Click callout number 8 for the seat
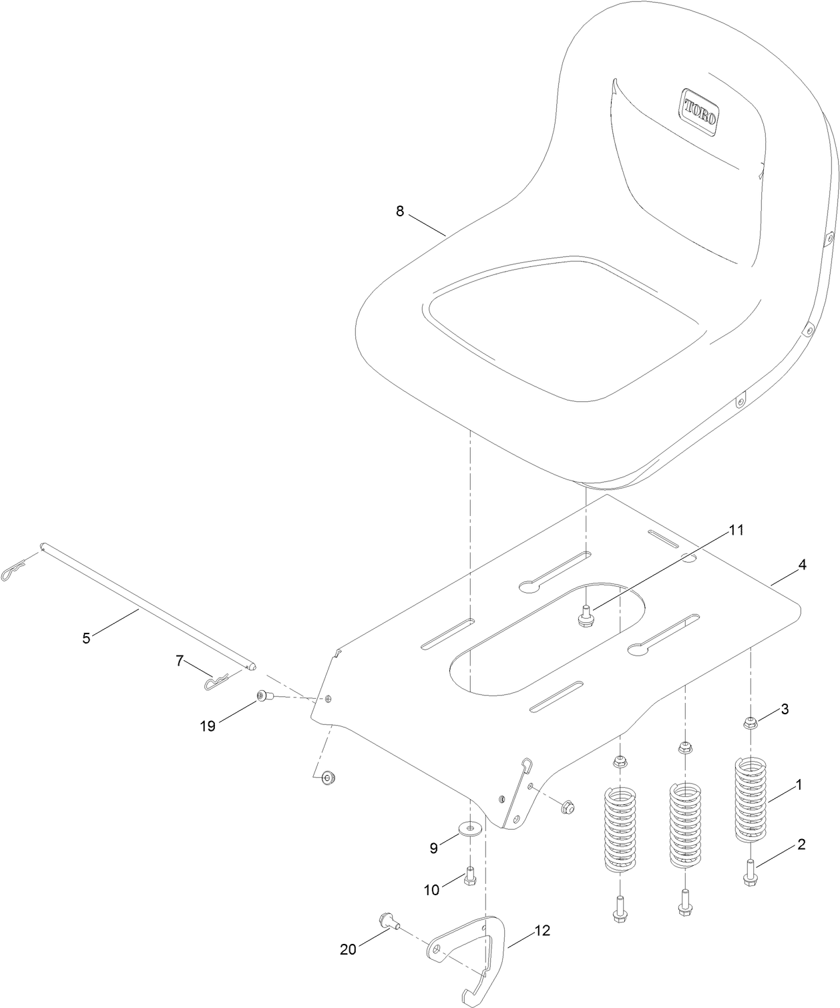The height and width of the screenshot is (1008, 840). (400, 211)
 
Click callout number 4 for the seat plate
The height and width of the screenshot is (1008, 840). (802, 565)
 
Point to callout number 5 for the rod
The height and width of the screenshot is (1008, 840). (86, 638)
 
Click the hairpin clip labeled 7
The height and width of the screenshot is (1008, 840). (217, 682)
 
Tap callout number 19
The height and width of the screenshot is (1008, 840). (208, 726)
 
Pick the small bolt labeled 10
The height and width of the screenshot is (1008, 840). (469, 874)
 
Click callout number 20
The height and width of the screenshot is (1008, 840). (348, 950)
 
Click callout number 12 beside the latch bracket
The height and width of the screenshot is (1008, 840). (542, 931)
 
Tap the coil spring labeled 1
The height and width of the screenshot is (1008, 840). (751, 800)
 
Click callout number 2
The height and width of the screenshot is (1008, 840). (801, 844)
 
